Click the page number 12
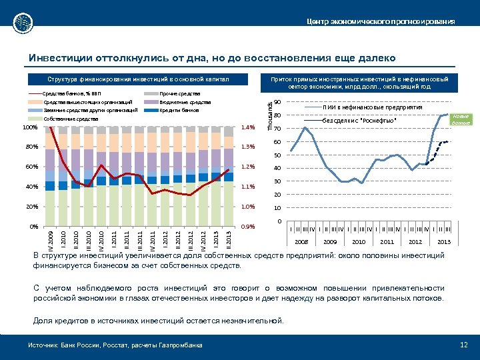pyautogui.click(x=464, y=345)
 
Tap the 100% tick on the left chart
pyautogui.click(x=29, y=127)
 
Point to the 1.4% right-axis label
pyautogui.click(x=248, y=127)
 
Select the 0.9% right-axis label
pyautogui.click(x=248, y=227)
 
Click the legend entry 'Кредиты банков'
pyautogui.click(x=179, y=109)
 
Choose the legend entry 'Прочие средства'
pyautogui.click(x=181, y=94)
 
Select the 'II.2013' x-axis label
pyautogui.click(x=229, y=237)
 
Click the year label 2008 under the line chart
pyautogui.click(x=302, y=241)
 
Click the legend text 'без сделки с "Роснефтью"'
pyautogui.click(x=359, y=120)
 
